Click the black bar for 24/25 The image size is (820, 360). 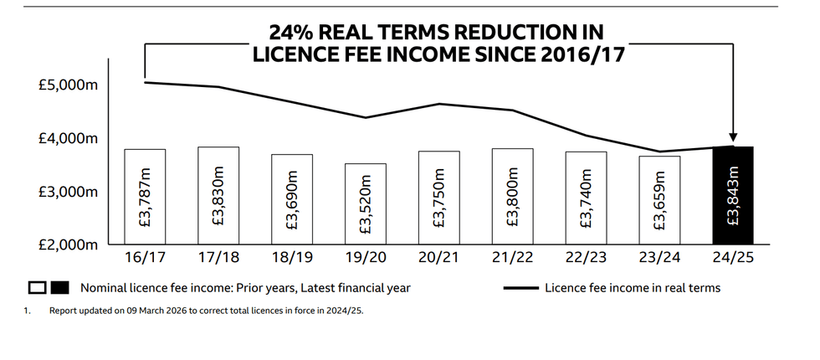pos(733,196)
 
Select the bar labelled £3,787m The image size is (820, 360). pos(145,198)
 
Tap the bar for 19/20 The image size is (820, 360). pos(366,204)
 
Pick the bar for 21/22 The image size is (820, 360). pos(512,197)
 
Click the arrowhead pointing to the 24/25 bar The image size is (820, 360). pos(734,137)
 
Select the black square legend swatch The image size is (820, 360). pos(59,288)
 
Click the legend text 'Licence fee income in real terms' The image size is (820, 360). pos(632,288)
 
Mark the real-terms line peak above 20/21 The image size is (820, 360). pos(438,104)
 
